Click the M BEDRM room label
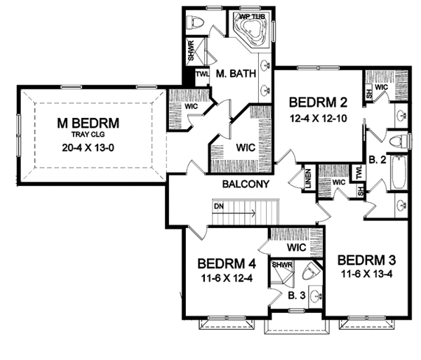[x=88, y=124]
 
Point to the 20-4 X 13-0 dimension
[x=88, y=148]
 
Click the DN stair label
[x=220, y=206]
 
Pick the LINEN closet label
[x=306, y=178]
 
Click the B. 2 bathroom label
[x=377, y=160]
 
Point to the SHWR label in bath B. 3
[x=281, y=265]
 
